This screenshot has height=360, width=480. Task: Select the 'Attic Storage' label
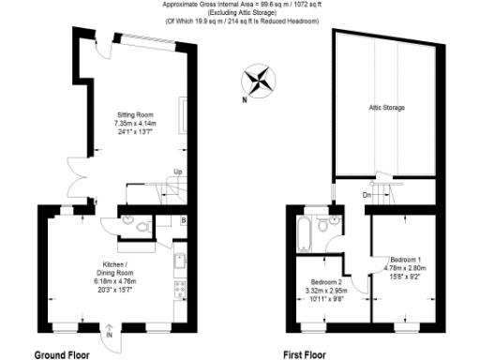click(x=386, y=109)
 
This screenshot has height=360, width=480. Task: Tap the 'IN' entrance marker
click(x=110, y=334)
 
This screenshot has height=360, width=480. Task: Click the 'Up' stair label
click(x=177, y=172)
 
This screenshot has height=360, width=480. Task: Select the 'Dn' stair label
click(x=367, y=195)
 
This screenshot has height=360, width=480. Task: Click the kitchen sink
click(x=180, y=262)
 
